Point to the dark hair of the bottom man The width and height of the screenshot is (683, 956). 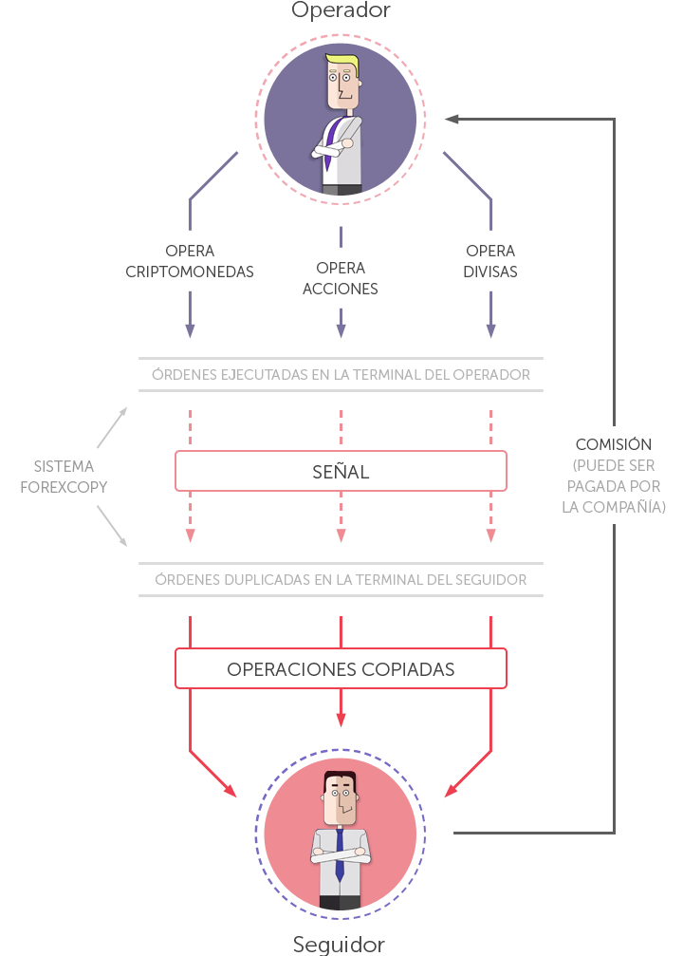[340, 778]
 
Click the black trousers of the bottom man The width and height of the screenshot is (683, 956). [340, 903]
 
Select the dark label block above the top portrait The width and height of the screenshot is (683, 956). [341, 10]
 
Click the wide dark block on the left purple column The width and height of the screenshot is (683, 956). [190, 261]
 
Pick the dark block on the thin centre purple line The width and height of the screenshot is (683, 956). [340, 278]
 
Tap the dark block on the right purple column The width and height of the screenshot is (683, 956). [490, 261]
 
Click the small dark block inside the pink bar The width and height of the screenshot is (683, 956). [341, 471]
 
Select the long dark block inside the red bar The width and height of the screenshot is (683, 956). [341, 669]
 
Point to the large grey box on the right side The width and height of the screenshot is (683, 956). [614, 486]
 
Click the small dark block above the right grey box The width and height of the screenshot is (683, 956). [613, 443]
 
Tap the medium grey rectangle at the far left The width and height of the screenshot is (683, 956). [64, 477]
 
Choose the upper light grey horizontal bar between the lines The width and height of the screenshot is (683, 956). [341, 374]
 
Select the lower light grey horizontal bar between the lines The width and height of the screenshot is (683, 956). [341, 579]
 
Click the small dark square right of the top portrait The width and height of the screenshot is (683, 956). [452, 120]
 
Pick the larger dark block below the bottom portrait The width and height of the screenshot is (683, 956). [320, 946]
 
